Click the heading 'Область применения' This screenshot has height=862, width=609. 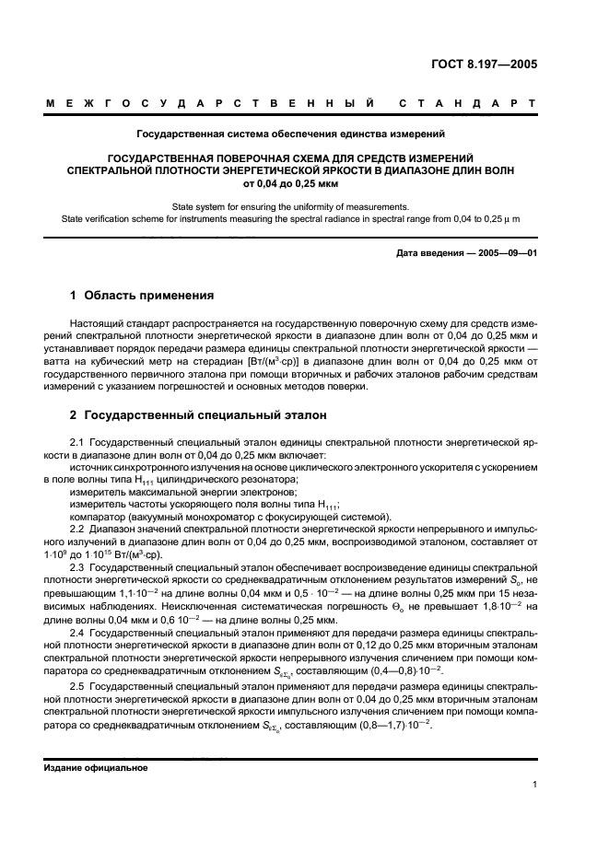[x=150, y=296]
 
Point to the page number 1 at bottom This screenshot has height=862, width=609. [x=534, y=784]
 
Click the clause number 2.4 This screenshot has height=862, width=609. [x=77, y=636]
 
